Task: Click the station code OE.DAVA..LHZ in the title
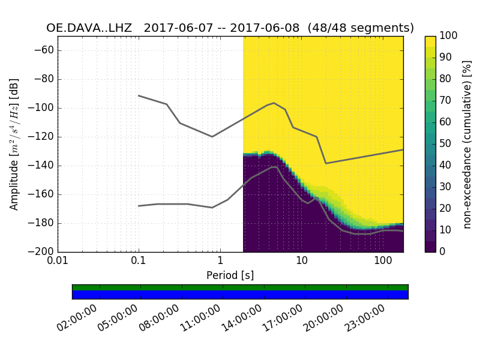90,28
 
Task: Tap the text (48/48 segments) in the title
361,28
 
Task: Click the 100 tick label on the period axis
383,262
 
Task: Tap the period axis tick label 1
220,262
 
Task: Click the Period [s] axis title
230,275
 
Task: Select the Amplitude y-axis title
14,144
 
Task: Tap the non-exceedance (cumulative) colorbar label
469,144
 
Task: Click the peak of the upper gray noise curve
274,103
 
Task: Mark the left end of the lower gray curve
139,206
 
